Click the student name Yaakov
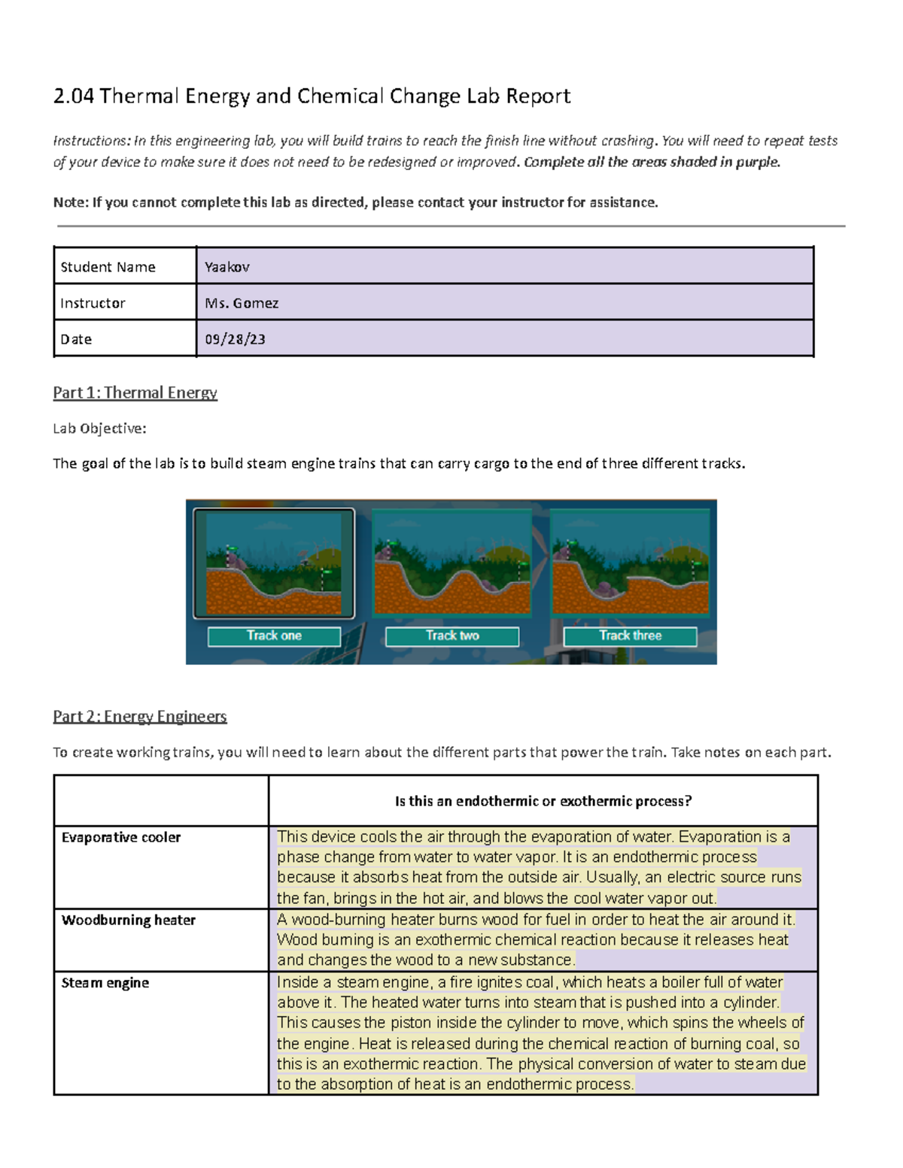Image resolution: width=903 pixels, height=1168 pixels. click(227, 267)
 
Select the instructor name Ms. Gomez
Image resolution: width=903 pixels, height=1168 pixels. click(242, 303)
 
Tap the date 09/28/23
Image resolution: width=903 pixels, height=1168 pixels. click(235, 339)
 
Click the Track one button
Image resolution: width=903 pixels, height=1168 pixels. click(274, 636)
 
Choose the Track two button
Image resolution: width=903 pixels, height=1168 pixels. click(452, 636)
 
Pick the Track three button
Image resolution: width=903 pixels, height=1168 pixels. click(630, 636)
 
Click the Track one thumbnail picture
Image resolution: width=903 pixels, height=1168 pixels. click(274, 563)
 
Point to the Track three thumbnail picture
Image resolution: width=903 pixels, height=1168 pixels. click(630, 563)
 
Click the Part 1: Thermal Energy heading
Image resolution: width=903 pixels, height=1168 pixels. click(135, 393)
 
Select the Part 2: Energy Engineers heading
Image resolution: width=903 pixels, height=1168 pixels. click(139, 716)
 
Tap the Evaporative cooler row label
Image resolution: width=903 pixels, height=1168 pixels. click(121, 837)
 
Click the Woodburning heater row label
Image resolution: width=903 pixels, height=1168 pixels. click(129, 920)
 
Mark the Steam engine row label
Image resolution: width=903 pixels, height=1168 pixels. click(105, 983)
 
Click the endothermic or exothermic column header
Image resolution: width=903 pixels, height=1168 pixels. click(543, 801)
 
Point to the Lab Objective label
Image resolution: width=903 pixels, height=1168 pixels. click(99, 429)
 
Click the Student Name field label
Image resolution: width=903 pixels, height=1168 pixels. click(108, 267)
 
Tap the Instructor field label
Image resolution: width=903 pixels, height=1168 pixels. click(93, 303)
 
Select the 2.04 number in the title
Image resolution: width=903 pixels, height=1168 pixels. click(73, 96)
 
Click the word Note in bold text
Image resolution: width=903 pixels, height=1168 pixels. click(68, 202)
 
